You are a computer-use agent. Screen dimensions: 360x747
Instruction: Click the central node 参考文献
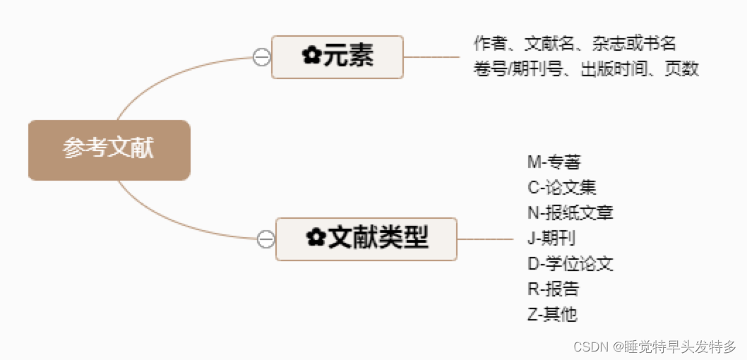tap(109, 150)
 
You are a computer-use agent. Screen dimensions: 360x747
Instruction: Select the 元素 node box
tap(337, 56)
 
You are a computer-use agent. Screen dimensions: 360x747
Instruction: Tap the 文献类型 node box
tap(366, 239)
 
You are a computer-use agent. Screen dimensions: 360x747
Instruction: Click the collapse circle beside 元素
tap(261, 57)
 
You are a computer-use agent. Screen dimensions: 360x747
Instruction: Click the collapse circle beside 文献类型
tap(265, 239)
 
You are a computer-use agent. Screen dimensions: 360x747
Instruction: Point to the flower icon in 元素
tap(311, 56)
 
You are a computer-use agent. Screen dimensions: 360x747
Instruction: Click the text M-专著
tap(554, 162)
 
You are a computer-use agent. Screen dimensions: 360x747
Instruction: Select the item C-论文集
tap(561, 187)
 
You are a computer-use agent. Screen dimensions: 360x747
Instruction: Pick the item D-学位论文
tap(570, 263)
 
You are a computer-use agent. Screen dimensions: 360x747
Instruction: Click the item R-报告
tap(553, 289)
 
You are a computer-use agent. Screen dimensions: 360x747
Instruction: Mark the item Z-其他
tap(552, 314)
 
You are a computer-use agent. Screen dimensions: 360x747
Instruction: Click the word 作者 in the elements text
tap(490, 44)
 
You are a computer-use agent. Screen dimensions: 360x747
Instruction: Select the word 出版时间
tap(613, 69)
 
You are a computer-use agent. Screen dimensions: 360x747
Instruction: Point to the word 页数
tap(681, 69)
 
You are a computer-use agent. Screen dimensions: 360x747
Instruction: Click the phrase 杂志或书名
tap(635, 44)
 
